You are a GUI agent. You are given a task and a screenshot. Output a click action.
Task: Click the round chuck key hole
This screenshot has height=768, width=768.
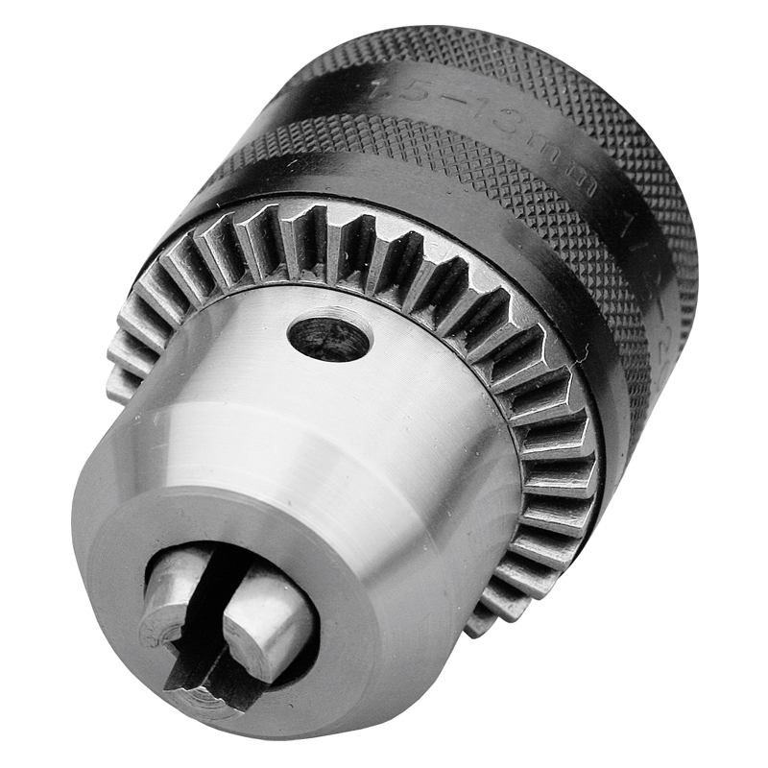click(329, 338)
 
